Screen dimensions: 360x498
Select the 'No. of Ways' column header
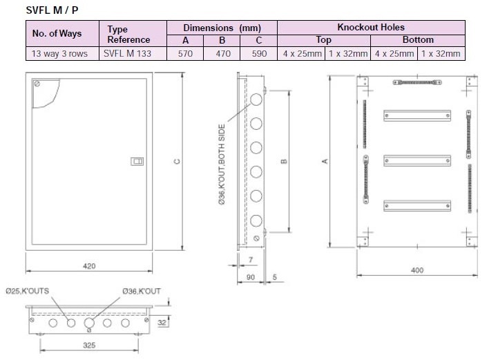coord(57,33)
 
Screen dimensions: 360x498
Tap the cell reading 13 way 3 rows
coord(59,53)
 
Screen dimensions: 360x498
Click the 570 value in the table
coord(184,53)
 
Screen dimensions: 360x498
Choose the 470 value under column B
coord(221,53)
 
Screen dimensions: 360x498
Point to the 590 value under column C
coord(258,53)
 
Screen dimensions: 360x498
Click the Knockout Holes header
coord(370,27)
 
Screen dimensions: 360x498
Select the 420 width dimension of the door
coord(89,266)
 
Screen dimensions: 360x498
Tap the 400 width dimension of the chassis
coord(416,269)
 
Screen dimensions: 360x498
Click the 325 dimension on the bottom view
coord(88,343)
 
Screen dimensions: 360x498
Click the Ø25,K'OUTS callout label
coord(28,291)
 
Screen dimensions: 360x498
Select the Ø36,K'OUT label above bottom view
coord(141,291)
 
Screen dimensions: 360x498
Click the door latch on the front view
coord(137,162)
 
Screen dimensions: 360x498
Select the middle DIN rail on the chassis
coord(416,161)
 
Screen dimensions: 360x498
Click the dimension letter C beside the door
coord(178,162)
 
